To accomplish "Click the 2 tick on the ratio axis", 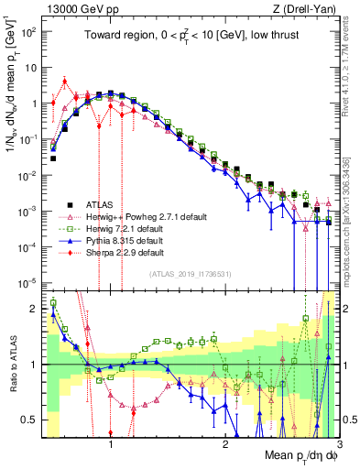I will click(x=34, y=307).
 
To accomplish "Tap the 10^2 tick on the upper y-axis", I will click(x=28, y=31).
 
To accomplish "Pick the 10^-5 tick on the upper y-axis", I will click(x=28, y=282).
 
